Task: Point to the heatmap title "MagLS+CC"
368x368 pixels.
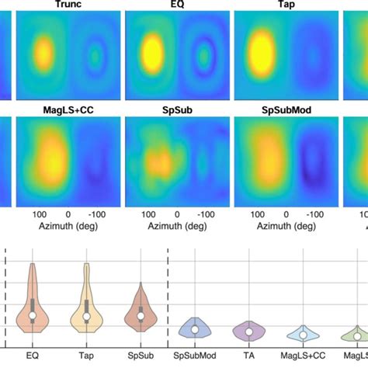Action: coord(68,111)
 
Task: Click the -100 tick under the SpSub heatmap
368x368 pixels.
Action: coord(206,212)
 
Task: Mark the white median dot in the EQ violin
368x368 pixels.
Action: coord(32,316)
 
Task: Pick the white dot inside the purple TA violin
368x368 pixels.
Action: coord(248,332)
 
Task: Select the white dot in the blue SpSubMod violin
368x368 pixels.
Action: coord(193,330)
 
